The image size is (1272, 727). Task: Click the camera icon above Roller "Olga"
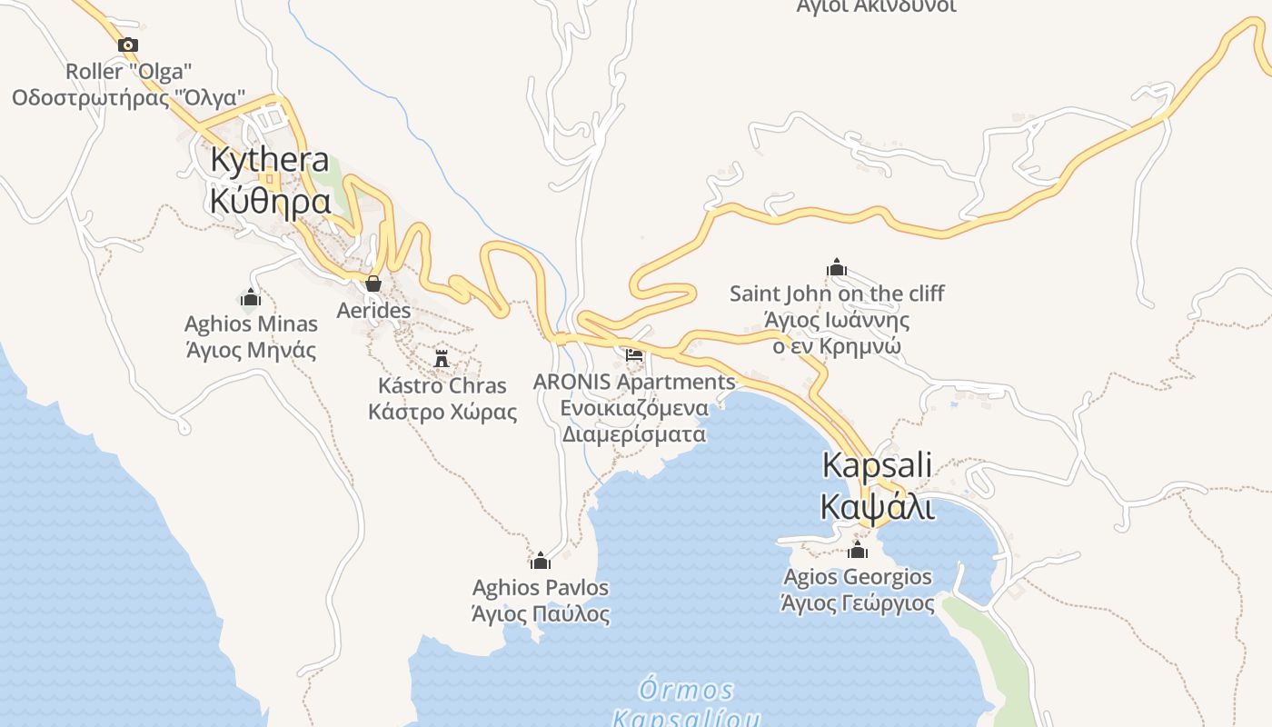point(128,45)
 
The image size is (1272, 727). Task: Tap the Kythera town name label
point(270,159)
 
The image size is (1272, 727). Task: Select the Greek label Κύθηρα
point(270,201)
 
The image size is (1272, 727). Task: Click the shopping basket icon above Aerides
point(373,284)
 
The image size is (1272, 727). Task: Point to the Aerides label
point(373,311)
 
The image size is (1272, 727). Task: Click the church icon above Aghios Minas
point(251,297)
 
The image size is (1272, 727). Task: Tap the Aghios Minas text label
point(251,324)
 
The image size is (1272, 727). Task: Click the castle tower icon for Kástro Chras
point(442,357)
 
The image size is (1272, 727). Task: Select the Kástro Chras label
point(442,385)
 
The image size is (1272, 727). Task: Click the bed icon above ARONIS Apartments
point(634,354)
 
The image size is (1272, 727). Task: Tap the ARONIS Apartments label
point(634,382)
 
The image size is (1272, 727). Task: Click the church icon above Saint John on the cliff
point(836,267)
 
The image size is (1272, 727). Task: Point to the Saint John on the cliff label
point(837,294)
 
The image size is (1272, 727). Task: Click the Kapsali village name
point(877,465)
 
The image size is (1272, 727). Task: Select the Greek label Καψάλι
point(877,506)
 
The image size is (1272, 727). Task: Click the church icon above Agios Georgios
point(858,551)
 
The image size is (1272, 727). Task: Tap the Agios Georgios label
point(858,577)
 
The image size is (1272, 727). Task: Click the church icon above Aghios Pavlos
point(541,561)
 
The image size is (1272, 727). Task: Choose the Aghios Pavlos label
point(541,588)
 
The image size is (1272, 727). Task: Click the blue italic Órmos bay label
point(686,690)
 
